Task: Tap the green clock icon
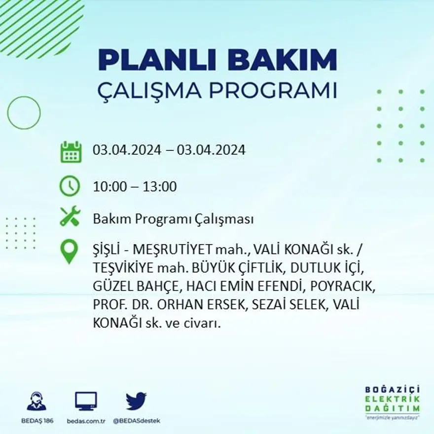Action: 70,186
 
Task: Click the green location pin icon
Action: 69,250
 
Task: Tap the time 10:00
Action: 109,187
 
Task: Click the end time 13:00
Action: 160,187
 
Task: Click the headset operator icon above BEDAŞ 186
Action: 36,401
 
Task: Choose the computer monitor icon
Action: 86,400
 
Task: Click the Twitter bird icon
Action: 136,400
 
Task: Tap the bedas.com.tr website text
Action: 86,421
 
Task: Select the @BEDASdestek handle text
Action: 137,421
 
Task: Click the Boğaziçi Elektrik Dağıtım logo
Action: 393,400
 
